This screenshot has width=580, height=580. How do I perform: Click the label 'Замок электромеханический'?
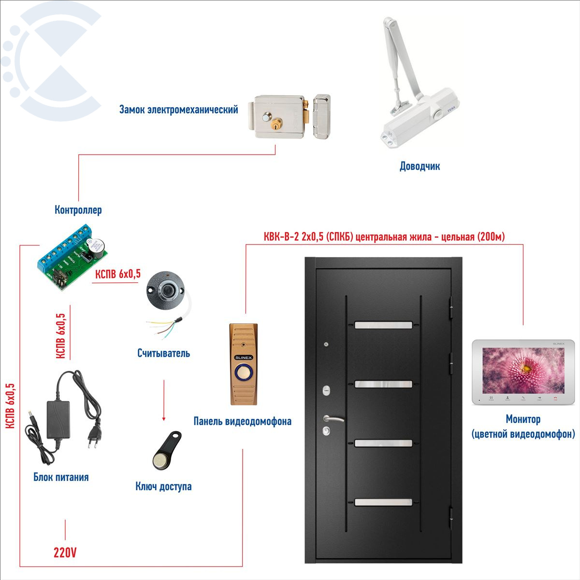178,110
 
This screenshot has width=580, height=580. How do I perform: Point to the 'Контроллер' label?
78,210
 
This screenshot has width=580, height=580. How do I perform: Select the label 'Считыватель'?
163,353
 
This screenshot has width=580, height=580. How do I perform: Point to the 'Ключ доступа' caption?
163,486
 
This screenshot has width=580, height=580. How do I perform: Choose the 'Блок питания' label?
61,477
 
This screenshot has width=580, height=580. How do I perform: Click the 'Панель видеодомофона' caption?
242,421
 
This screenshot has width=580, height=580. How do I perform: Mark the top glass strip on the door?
384,325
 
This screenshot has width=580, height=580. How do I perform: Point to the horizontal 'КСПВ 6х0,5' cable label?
118,274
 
